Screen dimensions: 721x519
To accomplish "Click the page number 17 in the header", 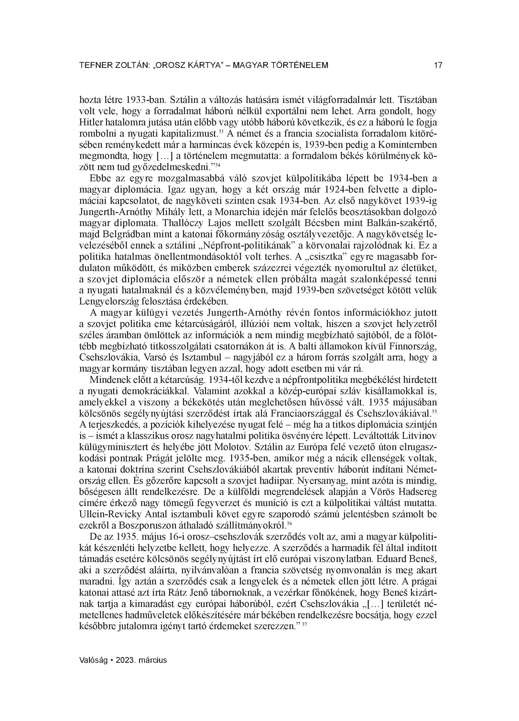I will click(x=438, y=65).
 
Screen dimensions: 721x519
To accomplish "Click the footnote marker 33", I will click(x=221, y=130).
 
